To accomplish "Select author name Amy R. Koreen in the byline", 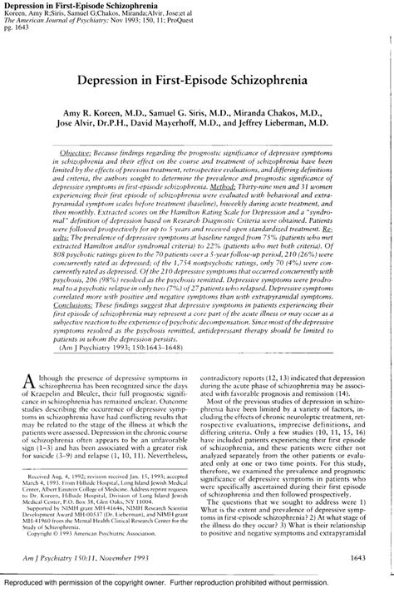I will (x=101, y=111).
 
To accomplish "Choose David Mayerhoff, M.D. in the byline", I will (x=180, y=122).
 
